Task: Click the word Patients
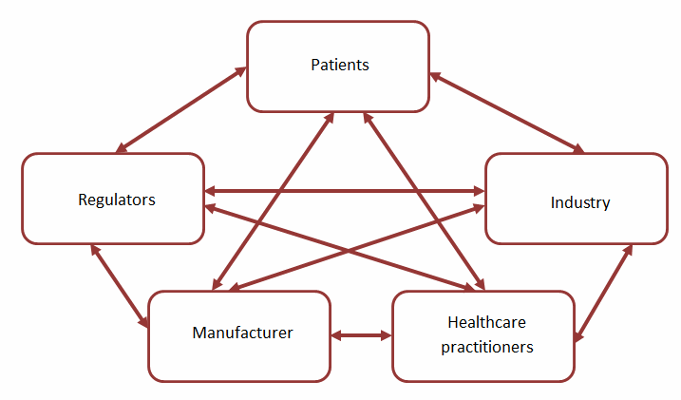click(x=339, y=66)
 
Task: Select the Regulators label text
click(x=116, y=200)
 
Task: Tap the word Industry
click(x=579, y=202)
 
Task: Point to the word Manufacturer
click(x=242, y=333)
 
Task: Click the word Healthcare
click(x=483, y=324)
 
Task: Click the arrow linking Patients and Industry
click(x=506, y=112)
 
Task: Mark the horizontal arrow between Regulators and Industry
click(x=344, y=191)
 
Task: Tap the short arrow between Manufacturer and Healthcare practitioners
click(x=361, y=334)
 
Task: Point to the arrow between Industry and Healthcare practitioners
click(x=604, y=292)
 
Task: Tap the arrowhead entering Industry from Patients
click(x=578, y=149)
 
